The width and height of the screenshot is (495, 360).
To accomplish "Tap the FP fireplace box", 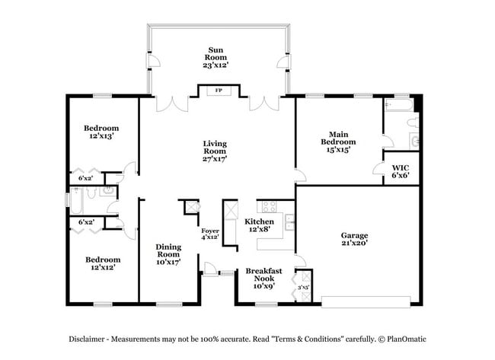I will pos(219,91).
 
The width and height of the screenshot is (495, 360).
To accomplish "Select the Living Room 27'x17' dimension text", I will pos(215,158).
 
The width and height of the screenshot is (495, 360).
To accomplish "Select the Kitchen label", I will pos(259,221).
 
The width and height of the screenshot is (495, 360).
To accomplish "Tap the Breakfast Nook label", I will pos(263,274).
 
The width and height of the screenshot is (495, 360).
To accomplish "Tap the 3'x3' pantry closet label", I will pos(303,287).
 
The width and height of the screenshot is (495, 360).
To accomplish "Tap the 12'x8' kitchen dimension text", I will pos(259,229).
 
